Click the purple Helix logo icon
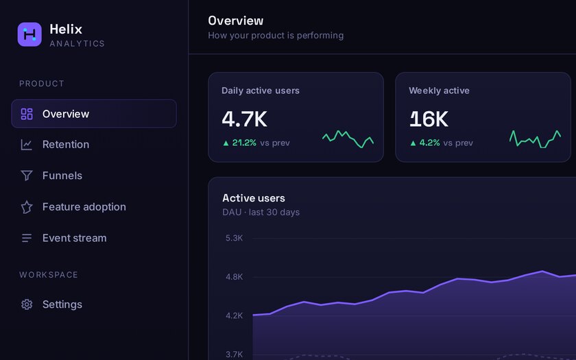pos(29,34)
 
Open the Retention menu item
pos(66,145)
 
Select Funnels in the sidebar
pos(62,176)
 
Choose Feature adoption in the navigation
pos(84,207)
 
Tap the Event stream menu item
pos(74,238)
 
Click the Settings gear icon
pos(27,304)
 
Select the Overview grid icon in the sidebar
pos(27,114)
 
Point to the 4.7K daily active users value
pos(244,119)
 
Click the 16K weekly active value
pos(429,119)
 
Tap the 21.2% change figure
pos(244,143)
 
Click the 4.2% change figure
pos(429,143)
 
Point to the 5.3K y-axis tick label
pos(234,238)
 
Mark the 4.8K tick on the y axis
pos(234,276)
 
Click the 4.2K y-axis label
pos(234,315)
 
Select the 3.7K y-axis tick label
pos(234,355)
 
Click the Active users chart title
pos(254,198)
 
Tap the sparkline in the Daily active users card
pos(348,139)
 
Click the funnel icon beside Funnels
pos(27,176)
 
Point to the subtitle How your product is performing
pos(276,35)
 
